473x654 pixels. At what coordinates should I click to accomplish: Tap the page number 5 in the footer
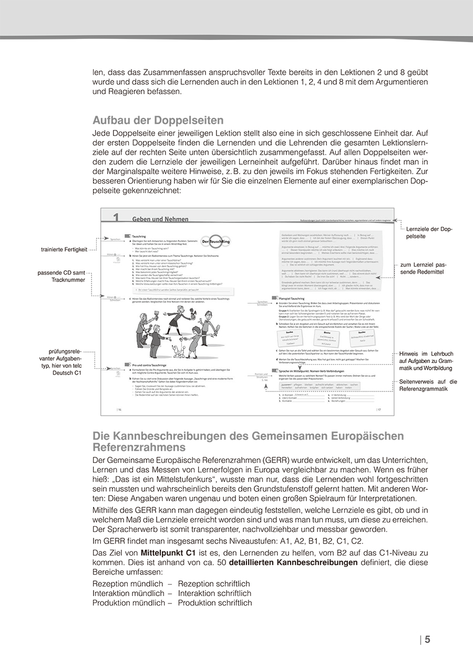point(427,640)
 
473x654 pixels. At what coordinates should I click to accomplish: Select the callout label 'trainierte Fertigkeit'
point(64,249)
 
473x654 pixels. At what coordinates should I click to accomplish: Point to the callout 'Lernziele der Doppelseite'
point(429,233)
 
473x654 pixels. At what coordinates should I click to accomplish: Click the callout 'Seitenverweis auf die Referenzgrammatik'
point(428,385)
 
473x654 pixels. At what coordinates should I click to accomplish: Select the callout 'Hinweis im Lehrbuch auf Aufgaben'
point(426,361)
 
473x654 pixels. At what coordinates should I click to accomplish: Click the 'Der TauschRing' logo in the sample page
point(215,240)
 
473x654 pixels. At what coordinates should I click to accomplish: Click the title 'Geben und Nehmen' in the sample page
point(160,219)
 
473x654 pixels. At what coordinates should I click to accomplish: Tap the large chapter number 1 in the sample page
point(116,217)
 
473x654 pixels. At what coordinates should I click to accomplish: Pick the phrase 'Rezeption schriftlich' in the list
point(214,583)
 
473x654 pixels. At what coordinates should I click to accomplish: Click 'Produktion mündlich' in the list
point(128,602)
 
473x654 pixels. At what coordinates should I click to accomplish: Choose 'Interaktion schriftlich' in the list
point(214,593)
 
